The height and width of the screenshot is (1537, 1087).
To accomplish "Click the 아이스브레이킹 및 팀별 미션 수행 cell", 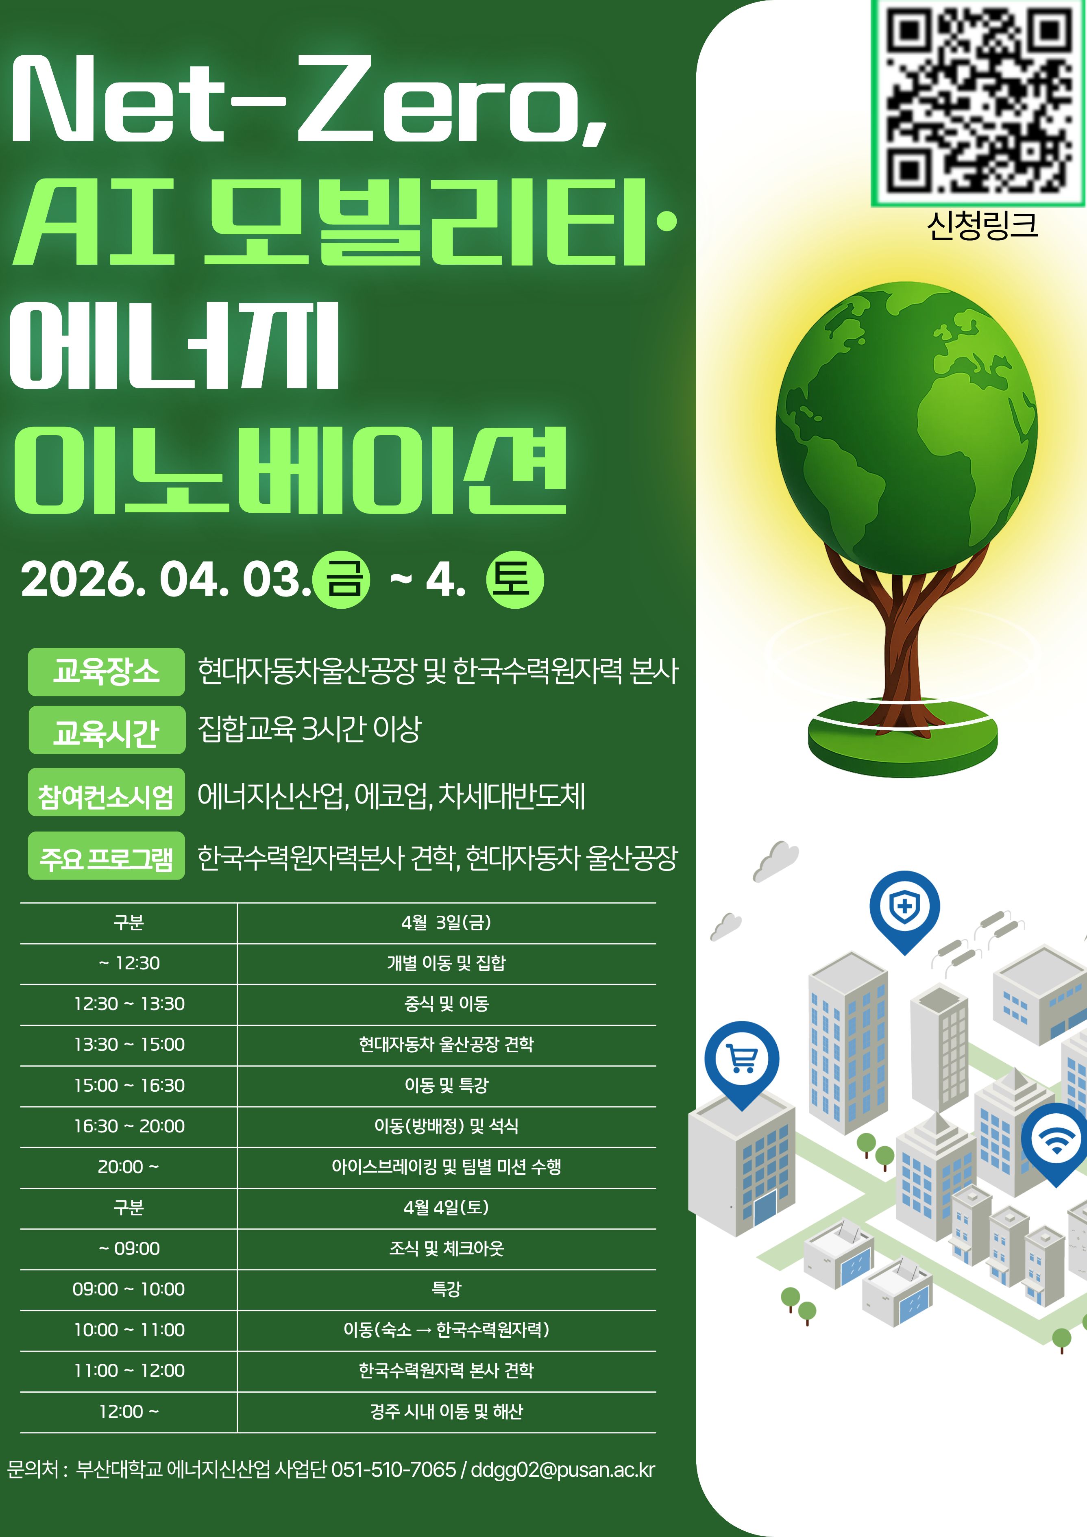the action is point(447,1167).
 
